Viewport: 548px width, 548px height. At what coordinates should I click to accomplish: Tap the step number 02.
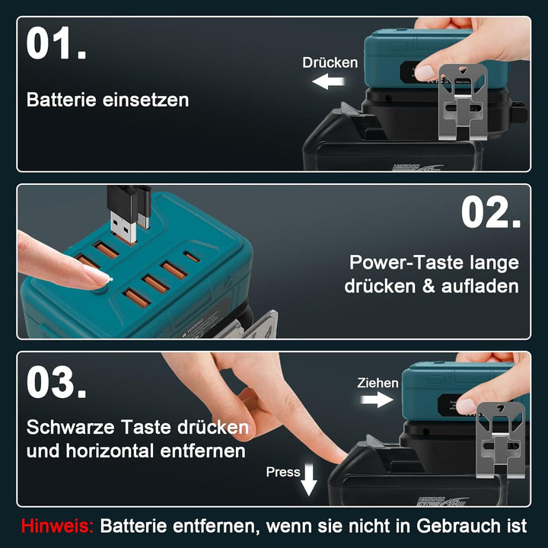(x=491, y=213)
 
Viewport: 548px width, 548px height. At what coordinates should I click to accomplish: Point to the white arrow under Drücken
(x=330, y=81)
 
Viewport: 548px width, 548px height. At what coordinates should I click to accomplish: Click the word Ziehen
(x=378, y=383)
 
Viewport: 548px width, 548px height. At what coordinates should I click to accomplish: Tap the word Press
(x=282, y=472)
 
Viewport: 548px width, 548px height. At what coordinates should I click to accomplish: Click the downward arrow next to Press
(x=308, y=480)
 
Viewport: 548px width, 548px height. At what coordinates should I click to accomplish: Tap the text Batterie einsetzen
(x=107, y=100)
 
